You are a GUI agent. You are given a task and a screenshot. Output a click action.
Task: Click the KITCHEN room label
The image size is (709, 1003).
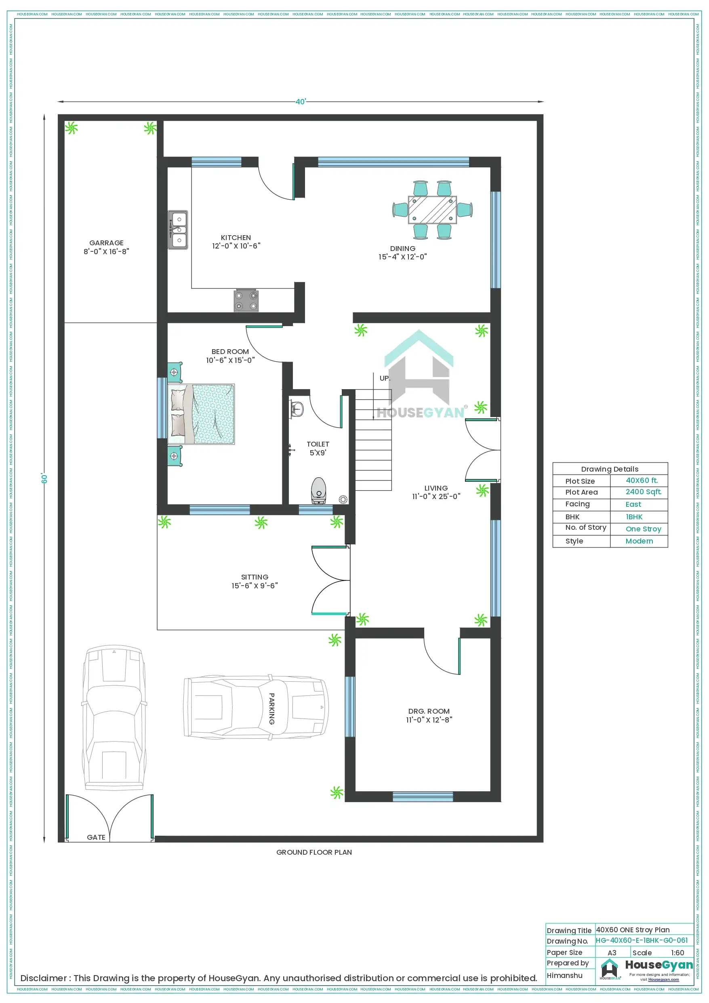tap(236, 237)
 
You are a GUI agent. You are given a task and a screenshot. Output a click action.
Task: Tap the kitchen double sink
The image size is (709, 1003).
tap(178, 230)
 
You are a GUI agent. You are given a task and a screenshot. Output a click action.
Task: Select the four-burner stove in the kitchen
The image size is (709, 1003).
tap(246, 301)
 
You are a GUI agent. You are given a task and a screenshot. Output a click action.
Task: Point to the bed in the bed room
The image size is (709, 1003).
tap(201, 414)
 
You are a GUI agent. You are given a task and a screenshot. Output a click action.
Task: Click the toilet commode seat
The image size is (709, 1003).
tap(318, 490)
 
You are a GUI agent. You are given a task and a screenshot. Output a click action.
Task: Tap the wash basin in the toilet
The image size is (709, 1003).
tap(297, 409)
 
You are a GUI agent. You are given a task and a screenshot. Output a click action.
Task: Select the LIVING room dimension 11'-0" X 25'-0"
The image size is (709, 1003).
tap(436, 496)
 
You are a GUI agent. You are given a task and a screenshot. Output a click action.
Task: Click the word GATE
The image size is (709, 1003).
tap(96, 837)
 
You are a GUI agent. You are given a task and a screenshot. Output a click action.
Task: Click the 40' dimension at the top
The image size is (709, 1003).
tap(301, 102)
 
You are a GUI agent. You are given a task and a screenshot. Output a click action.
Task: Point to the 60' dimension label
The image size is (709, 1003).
tap(44, 478)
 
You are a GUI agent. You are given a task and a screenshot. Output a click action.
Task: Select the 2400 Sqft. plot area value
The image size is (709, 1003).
tap(643, 491)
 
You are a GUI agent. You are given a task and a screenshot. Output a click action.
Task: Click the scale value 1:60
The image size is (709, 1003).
tap(677, 953)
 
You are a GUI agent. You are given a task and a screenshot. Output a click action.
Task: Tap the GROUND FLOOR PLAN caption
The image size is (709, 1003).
tap(313, 852)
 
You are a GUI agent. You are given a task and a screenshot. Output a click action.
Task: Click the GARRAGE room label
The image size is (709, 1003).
tap(106, 242)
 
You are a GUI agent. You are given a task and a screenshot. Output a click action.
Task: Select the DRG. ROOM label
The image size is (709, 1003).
tap(429, 711)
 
